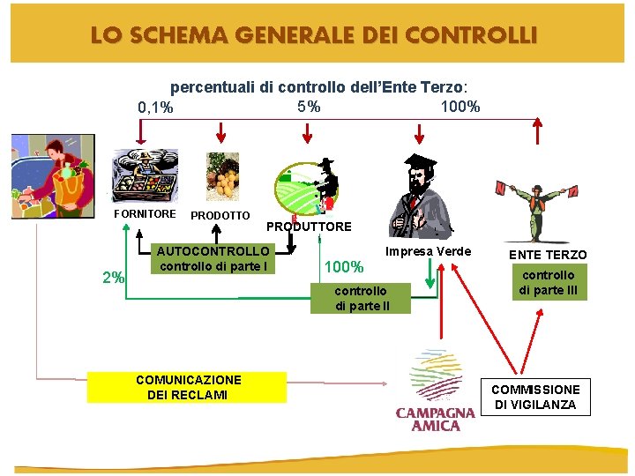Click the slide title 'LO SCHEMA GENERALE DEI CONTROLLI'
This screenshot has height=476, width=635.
(312, 36)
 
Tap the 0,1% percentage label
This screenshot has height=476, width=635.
(155, 108)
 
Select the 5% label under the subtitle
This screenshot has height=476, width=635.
(309, 107)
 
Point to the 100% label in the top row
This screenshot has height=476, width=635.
(459, 107)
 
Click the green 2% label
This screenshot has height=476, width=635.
(113, 278)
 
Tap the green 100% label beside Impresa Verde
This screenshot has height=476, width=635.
(344, 266)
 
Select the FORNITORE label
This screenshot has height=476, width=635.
(145, 213)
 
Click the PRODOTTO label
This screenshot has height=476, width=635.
(220, 216)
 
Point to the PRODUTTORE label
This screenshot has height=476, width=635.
(309, 227)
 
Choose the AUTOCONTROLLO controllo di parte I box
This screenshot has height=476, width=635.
(214, 259)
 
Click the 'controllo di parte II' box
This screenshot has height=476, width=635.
(361, 298)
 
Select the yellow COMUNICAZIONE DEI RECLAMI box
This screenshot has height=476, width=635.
(187, 387)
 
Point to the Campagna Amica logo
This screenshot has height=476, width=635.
(436, 390)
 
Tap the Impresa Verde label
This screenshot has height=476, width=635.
(429, 251)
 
